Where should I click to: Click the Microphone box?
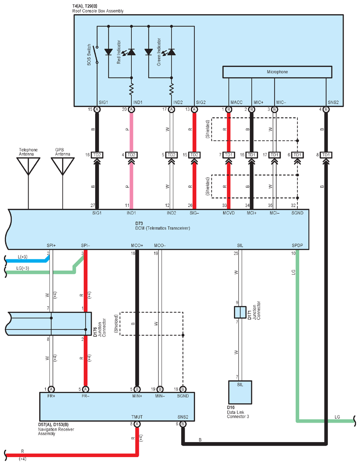(x=277, y=72)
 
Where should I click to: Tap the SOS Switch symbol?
(x=96, y=55)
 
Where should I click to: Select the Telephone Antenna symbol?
(x=28, y=166)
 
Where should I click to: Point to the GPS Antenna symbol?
(x=63, y=166)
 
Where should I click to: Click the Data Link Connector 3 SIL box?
(x=240, y=392)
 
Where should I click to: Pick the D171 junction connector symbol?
(x=240, y=312)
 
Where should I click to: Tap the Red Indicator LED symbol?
(x=131, y=52)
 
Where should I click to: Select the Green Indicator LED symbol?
(x=171, y=52)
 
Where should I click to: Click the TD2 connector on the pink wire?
(x=131, y=155)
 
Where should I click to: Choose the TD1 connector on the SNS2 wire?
(x=326, y=155)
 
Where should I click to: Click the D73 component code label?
(x=139, y=224)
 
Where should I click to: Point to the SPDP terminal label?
(x=297, y=246)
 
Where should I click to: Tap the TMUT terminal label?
(x=137, y=417)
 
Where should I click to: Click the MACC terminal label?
(x=237, y=102)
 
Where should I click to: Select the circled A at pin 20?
(x=131, y=110)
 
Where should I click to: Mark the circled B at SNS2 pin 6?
(x=183, y=424)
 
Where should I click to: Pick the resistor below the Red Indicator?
(x=131, y=89)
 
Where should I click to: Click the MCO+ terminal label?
(x=137, y=246)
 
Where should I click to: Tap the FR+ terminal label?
(x=52, y=396)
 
